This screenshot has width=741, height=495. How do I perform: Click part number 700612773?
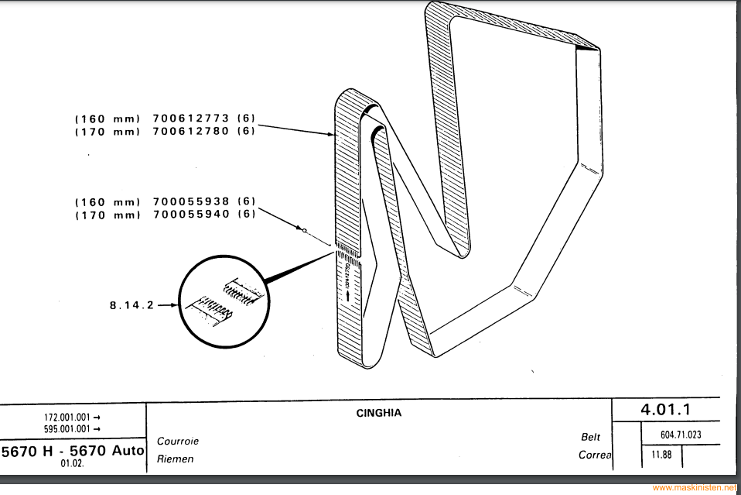[191, 119]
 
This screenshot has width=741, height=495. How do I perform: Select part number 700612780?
[191, 132]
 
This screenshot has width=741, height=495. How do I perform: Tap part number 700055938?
[191, 201]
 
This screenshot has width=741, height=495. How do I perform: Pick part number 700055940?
[191, 215]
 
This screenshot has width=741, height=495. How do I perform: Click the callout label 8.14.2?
[132, 305]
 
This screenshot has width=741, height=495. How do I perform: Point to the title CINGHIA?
[378, 413]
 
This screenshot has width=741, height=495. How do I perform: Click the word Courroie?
[178, 442]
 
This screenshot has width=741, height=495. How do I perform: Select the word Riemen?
[175, 459]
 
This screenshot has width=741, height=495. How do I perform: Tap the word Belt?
[590, 437]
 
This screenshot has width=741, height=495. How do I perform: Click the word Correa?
[594, 455]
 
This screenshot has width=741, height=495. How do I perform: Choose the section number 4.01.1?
[664, 407]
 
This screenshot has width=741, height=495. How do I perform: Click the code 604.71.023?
[681, 435]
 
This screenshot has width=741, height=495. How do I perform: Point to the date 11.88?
[661, 455]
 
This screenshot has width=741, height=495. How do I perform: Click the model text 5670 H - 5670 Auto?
[73, 450]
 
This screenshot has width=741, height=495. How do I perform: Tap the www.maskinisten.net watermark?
[695, 488]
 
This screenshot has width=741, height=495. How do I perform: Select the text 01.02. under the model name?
[71, 464]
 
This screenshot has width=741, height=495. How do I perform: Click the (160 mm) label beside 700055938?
[108, 201]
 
